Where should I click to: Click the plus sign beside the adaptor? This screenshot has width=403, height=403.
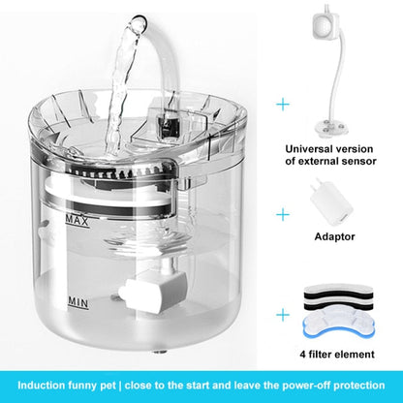coord(282,213)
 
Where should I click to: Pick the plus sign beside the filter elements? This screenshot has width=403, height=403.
coord(282,314)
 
